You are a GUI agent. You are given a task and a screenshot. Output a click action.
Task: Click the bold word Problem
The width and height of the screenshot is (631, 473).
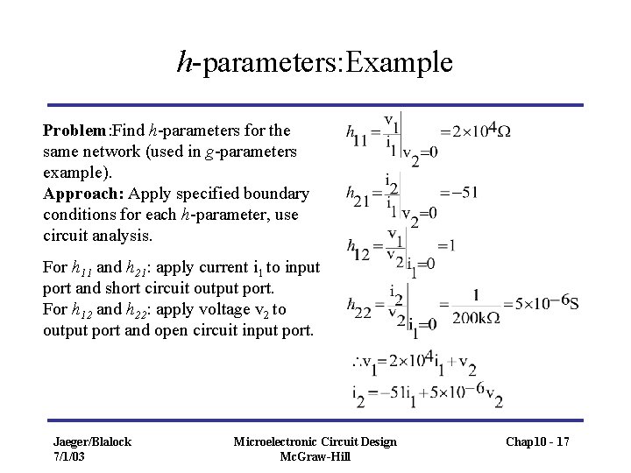point(74,131)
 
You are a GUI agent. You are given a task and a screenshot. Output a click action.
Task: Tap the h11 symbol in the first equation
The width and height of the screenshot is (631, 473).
point(356,136)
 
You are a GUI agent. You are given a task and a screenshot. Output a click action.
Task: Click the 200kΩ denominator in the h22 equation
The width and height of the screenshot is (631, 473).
point(475,318)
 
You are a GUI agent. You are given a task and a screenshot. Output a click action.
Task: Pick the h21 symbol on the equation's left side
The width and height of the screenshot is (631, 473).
point(356,195)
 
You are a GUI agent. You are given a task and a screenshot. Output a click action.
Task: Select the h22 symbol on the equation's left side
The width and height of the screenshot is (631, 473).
point(356,307)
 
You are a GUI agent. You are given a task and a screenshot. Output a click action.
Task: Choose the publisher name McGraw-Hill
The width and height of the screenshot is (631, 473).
point(315,456)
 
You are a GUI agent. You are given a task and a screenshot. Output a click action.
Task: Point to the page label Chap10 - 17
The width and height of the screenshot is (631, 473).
point(537,442)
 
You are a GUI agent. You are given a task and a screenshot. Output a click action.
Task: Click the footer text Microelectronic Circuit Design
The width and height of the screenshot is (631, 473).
point(315,441)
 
